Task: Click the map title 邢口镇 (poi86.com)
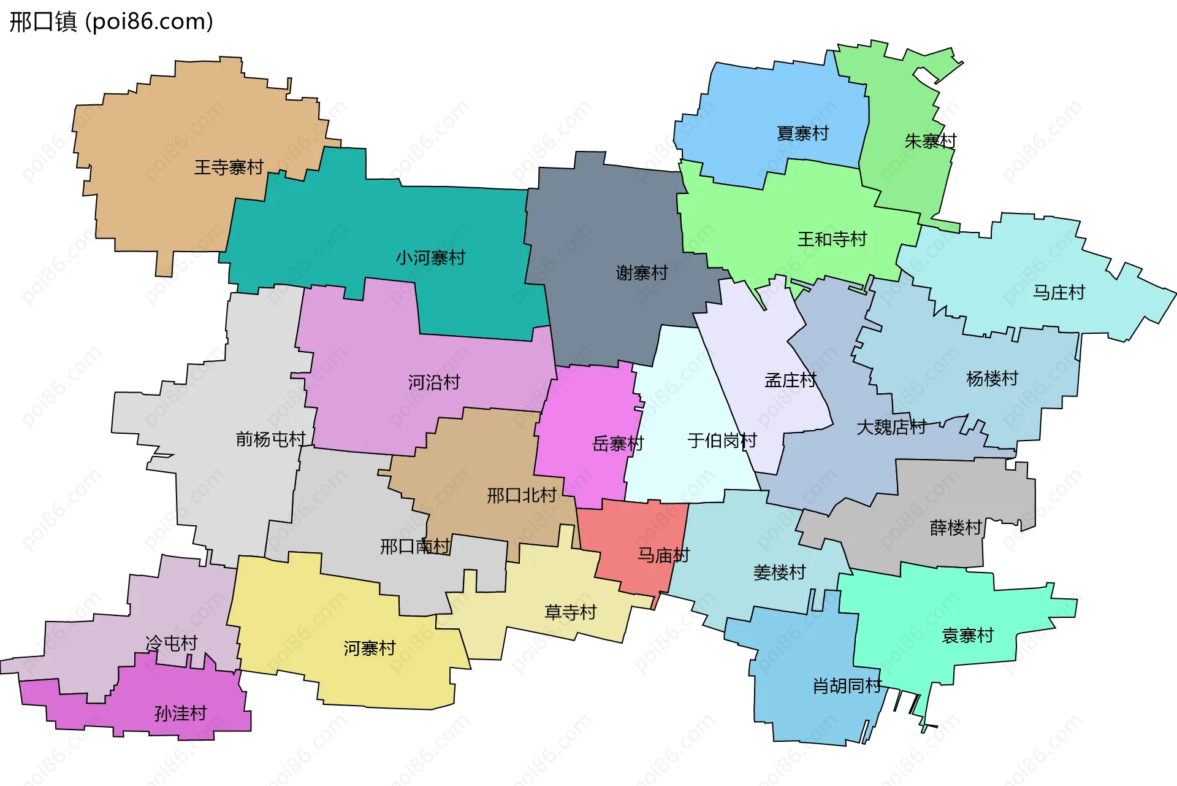(x=111, y=21)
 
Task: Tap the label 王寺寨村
(x=229, y=167)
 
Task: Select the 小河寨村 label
(x=430, y=258)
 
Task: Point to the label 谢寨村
(x=642, y=273)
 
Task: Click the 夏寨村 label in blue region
(x=802, y=133)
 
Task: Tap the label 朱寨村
(x=930, y=141)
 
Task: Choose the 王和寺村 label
(x=832, y=239)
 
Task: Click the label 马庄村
(x=1059, y=293)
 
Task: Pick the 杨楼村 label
(x=992, y=379)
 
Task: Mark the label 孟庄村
(x=790, y=380)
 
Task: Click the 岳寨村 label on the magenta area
(x=618, y=444)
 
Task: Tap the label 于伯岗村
(x=722, y=441)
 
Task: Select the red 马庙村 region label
(x=663, y=555)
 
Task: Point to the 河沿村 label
(x=434, y=383)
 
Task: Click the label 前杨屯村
(x=270, y=439)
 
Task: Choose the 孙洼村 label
(x=181, y=714)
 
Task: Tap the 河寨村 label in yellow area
(x=369, y=649)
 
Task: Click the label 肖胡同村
(x=847, y=686)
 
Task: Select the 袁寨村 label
(x=967, y=636)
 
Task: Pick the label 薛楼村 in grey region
(x=956, y=528)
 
